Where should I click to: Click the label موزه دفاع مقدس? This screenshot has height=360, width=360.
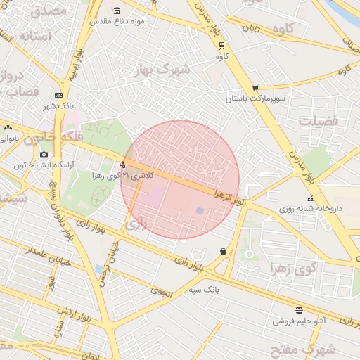click(117, 21)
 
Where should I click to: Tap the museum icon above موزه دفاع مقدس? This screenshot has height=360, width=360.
click(117, 11)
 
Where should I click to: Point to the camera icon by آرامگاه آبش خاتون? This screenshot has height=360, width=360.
click(44, 155)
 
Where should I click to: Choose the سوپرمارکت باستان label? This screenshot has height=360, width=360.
click(255, 99)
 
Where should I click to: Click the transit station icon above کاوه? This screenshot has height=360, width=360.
click(222, 45)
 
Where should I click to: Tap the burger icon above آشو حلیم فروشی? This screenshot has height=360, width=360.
click(300, 310)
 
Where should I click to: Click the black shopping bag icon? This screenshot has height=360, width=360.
click(223, 251)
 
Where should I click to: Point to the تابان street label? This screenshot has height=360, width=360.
click(252, 30)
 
